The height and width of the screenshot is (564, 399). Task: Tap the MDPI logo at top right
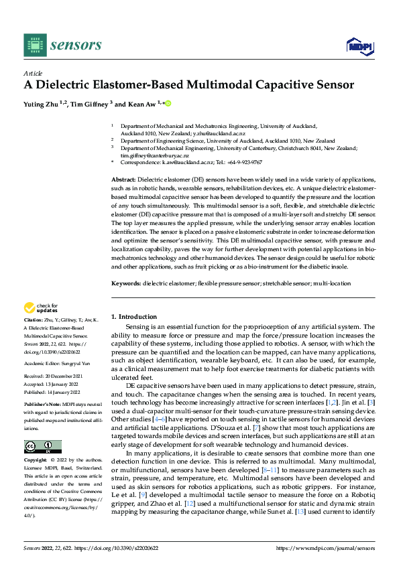coord(359,45)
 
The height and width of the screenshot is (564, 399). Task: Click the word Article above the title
coord(32,73)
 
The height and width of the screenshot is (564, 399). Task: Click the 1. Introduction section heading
coord(133,316)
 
